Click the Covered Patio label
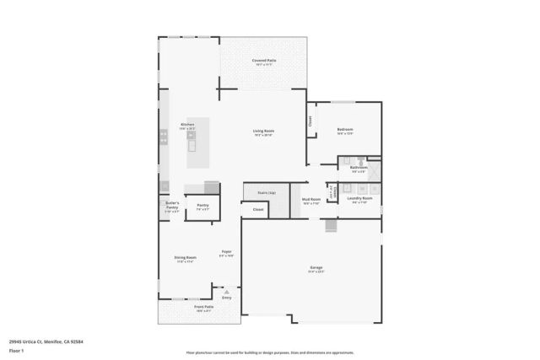(264, 62)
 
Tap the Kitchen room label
(187, 125)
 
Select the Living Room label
(264, 131)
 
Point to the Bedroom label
(345, 129)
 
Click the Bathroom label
(359, 168)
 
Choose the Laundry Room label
(359, 198)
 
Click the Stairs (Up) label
(267, 192)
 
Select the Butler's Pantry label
(171, 203)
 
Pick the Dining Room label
(186, 257)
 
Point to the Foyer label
(226, 252)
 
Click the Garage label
(316, 268)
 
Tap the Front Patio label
(181, 307)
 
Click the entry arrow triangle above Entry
(226, 291)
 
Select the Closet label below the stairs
(258, 209)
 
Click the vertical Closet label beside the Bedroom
(310, 121)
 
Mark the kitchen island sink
(192, 145)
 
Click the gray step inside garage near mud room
(331, 227)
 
